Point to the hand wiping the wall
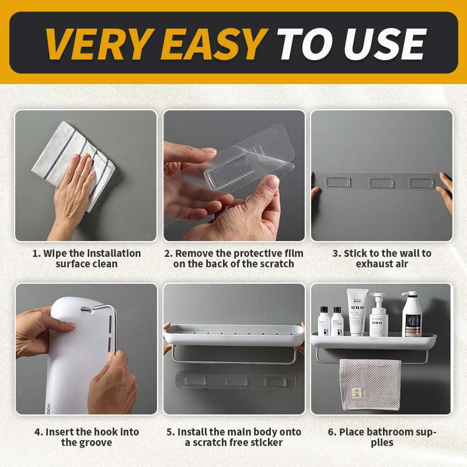73,191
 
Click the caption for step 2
234,259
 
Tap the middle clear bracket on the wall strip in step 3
381,183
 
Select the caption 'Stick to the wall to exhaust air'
382,259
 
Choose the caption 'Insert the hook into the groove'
86,437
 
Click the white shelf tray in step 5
234,334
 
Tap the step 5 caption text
234,437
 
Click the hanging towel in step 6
370,384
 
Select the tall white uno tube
357,312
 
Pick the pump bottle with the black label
412,314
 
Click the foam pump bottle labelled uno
378,315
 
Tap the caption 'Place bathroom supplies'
382,437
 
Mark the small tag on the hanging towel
356,393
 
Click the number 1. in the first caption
36,253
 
